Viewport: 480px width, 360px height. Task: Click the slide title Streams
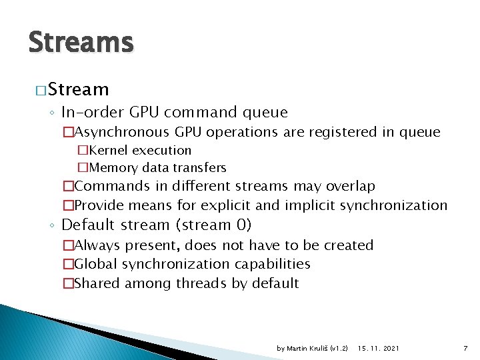tap(81, 42)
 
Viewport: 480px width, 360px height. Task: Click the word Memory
tap(113, 167)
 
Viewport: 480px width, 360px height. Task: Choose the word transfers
tap(200, 167)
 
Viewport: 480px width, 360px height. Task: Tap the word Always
tap(97, 245)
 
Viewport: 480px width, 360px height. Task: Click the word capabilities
tap(271, 264)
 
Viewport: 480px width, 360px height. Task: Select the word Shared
tap(97, 283)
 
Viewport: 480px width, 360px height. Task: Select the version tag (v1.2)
tap(339, 348)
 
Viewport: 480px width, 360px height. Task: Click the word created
tap(346, 245)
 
